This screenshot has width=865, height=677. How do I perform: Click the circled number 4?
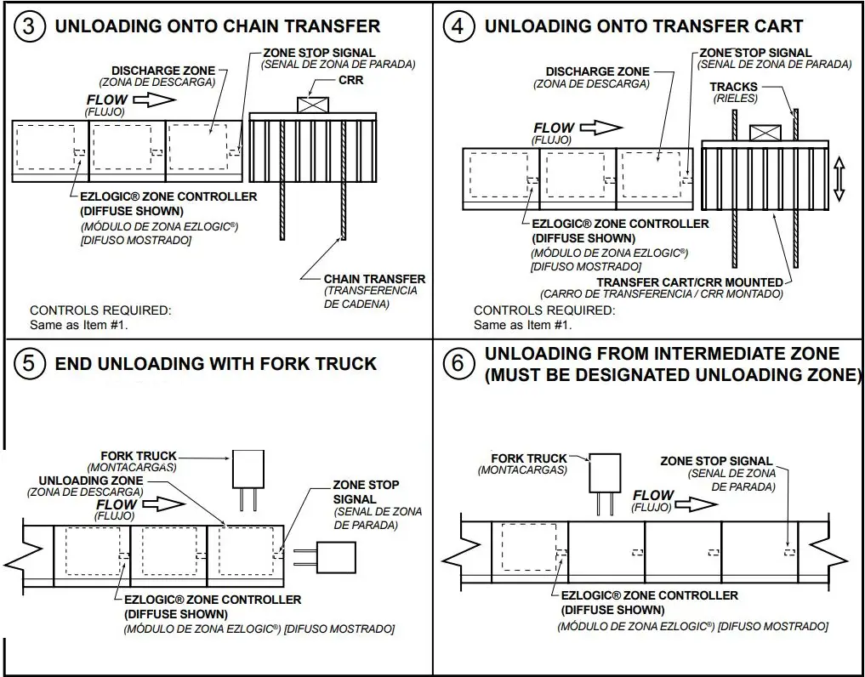click(458, 26)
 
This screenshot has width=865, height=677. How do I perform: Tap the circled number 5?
click(30, 364)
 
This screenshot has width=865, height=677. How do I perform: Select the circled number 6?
click(458, 364)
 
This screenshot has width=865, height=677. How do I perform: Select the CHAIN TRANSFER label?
click(374, 279)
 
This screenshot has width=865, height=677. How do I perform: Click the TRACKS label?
click(733, 88)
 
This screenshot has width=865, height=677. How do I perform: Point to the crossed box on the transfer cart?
click(765, 132)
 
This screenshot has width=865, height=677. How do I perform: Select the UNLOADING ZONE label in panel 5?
click(91, 481)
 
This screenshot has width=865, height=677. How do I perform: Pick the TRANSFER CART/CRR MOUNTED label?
click(689, 282)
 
